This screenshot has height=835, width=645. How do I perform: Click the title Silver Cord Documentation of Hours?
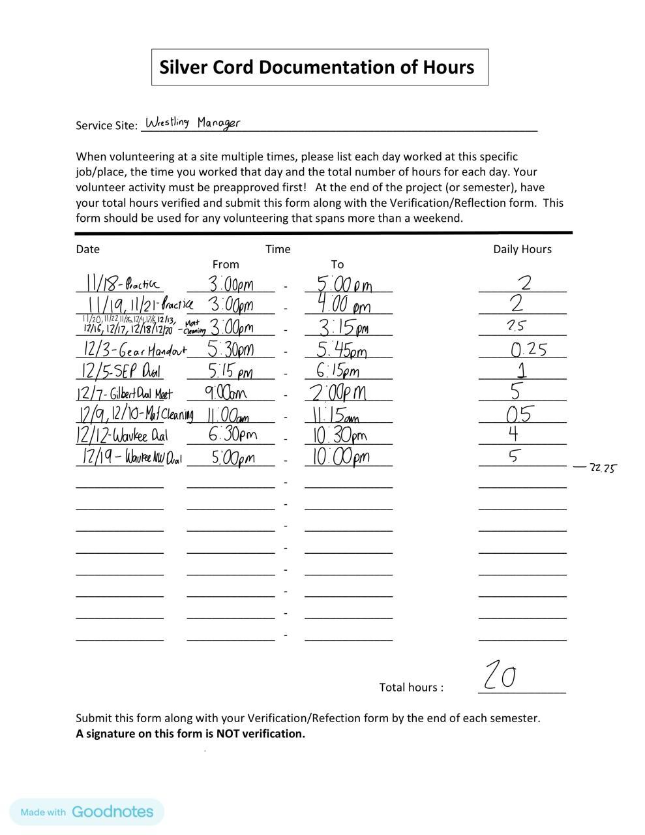pos(317,67)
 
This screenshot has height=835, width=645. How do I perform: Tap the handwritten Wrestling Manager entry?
pos(192,123)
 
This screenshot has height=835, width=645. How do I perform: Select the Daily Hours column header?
pos(522,249)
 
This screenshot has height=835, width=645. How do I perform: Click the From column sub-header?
pos(226,264)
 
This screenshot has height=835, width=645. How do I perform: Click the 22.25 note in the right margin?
pos(602,468)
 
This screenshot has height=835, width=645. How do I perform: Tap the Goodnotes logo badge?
pos(87,812)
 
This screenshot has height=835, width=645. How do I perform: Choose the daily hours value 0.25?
pos(529,349)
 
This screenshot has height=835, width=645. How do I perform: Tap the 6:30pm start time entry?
pos(232,434)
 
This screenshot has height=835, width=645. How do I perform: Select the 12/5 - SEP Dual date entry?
pos(120,371)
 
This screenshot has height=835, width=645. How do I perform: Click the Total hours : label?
pos(411,687)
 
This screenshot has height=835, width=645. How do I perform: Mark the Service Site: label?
pos(106,125)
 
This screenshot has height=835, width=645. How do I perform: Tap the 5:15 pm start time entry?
pos(230,371)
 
